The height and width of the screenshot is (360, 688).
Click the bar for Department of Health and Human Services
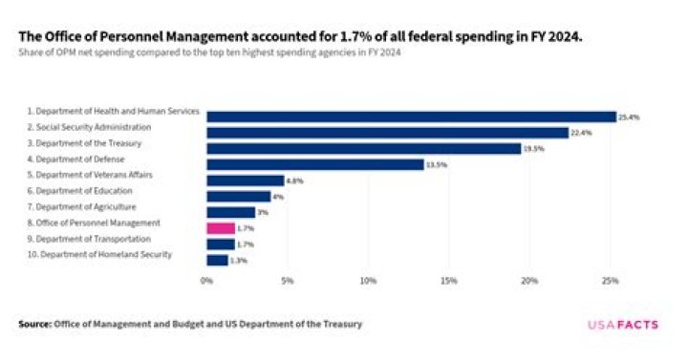pyautogui.click(x=411, y=116)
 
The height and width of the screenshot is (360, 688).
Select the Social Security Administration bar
pyautogui.click(x=387, y=133)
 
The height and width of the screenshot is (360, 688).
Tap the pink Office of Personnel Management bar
pyautogui.click(x=221, y=228)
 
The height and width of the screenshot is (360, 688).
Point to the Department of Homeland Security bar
pyautogui.click(x=217, y=260)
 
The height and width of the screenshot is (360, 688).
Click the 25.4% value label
pyautogui.click(x=628, y=116)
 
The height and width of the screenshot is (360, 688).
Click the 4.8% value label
pyautogui.click(x=294, y=180)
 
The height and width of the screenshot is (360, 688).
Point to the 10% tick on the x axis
pyautogui.click(x=368, y=281)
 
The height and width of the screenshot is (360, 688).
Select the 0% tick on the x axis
pyautogui.click(x=206, y=281)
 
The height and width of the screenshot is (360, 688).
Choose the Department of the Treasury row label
pyautogui.click(x=85, y=142)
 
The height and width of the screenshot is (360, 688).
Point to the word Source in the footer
pyautogui.click(x=34, y=325)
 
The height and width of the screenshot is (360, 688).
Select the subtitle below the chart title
pyautogui.click(x=209, y=53)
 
